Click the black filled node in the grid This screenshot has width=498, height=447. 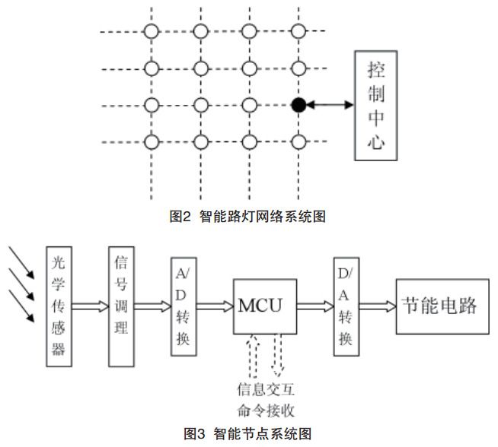coord(298,105)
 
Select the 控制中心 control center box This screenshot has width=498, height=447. coord(375,106)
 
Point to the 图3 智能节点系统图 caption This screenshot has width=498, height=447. coord(248,434)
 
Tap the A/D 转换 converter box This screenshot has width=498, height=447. coord(184,306)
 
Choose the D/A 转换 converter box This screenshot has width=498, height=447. coord(345,306)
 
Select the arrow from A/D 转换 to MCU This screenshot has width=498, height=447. coord(215,306)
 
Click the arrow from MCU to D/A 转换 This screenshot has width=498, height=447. coord(314,306)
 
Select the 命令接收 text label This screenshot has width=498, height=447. coord(265,411)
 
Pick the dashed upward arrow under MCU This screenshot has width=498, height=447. coord(254,357)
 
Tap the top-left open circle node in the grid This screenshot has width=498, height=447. coord(152,31)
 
